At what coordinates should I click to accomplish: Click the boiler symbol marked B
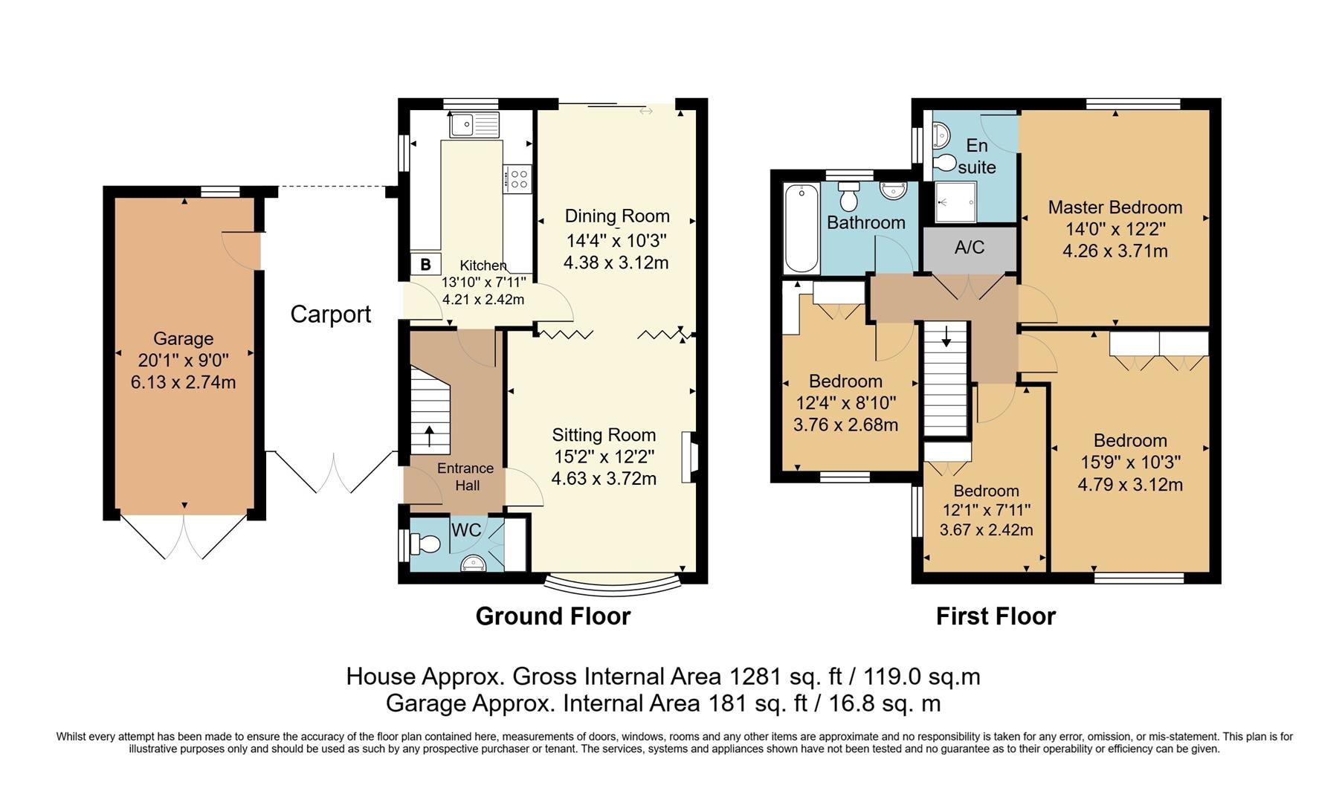tap(426, 264)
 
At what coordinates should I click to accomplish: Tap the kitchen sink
tap(474, 124)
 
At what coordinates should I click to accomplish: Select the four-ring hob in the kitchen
tap(518, 178)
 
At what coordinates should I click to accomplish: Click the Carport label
tap(330, 315)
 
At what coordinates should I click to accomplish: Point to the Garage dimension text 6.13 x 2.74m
tap(183, 382)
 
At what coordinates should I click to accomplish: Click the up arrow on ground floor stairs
tap(429, 436)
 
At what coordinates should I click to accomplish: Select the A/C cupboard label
tap(969, 248)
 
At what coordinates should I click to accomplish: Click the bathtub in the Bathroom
tap(801, 229)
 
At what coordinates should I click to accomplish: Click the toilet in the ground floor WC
tap(427, 545)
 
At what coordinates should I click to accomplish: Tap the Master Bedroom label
tap(1114, 207)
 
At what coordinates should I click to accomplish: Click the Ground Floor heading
tap(552, 616)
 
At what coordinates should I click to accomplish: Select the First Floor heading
tap(995, 616)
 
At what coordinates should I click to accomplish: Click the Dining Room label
tap(617, 216)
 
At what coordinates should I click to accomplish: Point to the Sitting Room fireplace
tap(689, 457)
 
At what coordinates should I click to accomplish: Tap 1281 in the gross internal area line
tap(754, 677)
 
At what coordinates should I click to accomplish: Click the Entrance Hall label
tap(465, 477)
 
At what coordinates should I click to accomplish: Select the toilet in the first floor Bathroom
tap(848, 196)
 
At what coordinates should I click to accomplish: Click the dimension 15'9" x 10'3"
tap(1130, 462)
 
